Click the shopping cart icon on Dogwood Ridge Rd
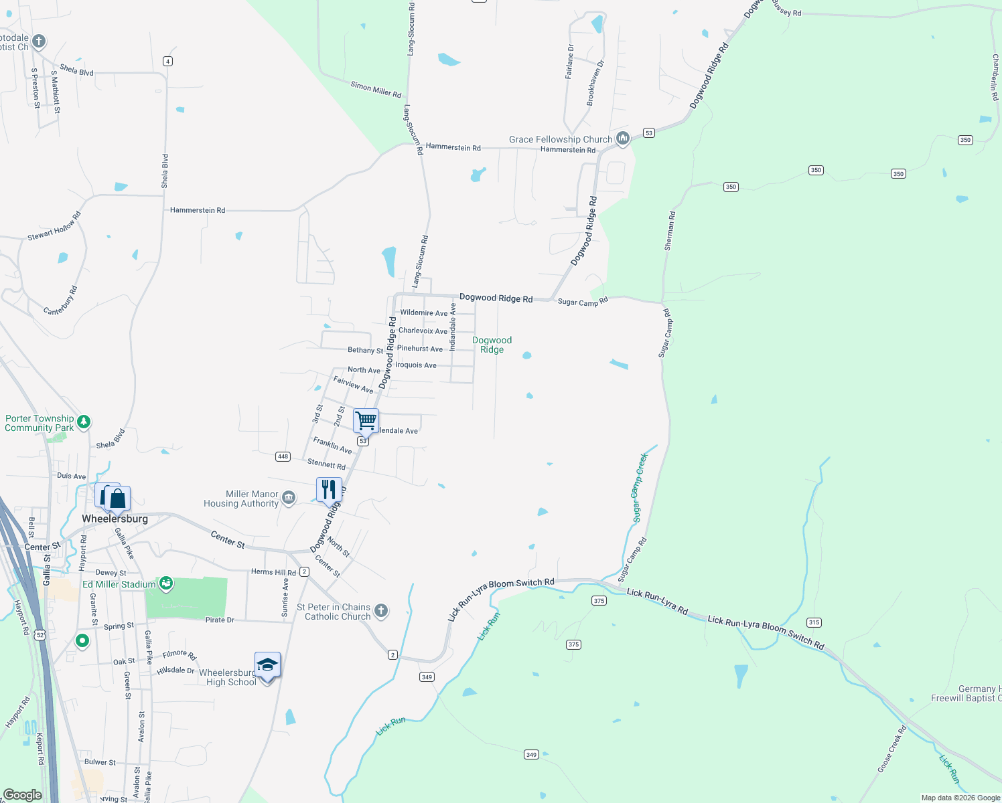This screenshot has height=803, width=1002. click(366, 421)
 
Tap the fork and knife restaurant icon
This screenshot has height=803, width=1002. click(329, 489)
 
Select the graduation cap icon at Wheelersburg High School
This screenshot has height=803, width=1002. click(267, 665)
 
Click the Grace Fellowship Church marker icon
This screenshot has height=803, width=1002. click(623, 139)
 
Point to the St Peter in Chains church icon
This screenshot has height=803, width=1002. click(380, 610)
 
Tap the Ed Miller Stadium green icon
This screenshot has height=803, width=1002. click(166, 584)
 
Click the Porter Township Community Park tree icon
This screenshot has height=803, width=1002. click(83, 422)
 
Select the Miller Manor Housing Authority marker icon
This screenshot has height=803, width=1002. click(289, 497)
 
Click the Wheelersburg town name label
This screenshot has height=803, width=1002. click(115, 519)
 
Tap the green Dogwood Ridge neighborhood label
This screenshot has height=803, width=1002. click(492, 345)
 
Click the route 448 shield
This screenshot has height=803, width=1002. click(283, 456)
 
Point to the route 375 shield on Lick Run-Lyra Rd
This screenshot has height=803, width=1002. click(599, 601)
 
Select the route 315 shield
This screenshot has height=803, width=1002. click(814, 622)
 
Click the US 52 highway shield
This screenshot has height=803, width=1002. click(40, 634)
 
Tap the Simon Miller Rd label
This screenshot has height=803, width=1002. click(376, 90)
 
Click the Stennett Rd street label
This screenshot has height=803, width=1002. click(326, 464)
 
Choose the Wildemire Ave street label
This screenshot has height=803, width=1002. click(423, 313)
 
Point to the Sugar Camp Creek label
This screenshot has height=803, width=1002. click(640, 487)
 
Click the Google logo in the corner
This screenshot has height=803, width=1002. click(22, 795)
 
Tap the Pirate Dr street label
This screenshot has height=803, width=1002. click(220, 620)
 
